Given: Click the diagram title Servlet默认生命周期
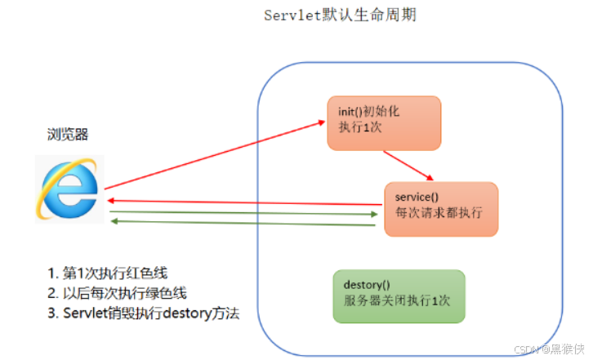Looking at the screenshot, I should [341, 16].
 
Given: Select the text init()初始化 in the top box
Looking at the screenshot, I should [370, 111].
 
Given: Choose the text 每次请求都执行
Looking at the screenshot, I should [438, 212].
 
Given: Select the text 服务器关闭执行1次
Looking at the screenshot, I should [398, 300].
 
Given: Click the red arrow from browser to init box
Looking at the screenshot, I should [212, 155].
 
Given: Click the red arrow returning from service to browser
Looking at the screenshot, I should [245, 201].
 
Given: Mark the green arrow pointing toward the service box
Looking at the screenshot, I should [245, 215].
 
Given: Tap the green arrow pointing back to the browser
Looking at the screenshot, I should [245, 222].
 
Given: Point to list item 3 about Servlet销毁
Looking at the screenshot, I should [143, 313].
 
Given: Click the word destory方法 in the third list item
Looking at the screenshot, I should [204, 313].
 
